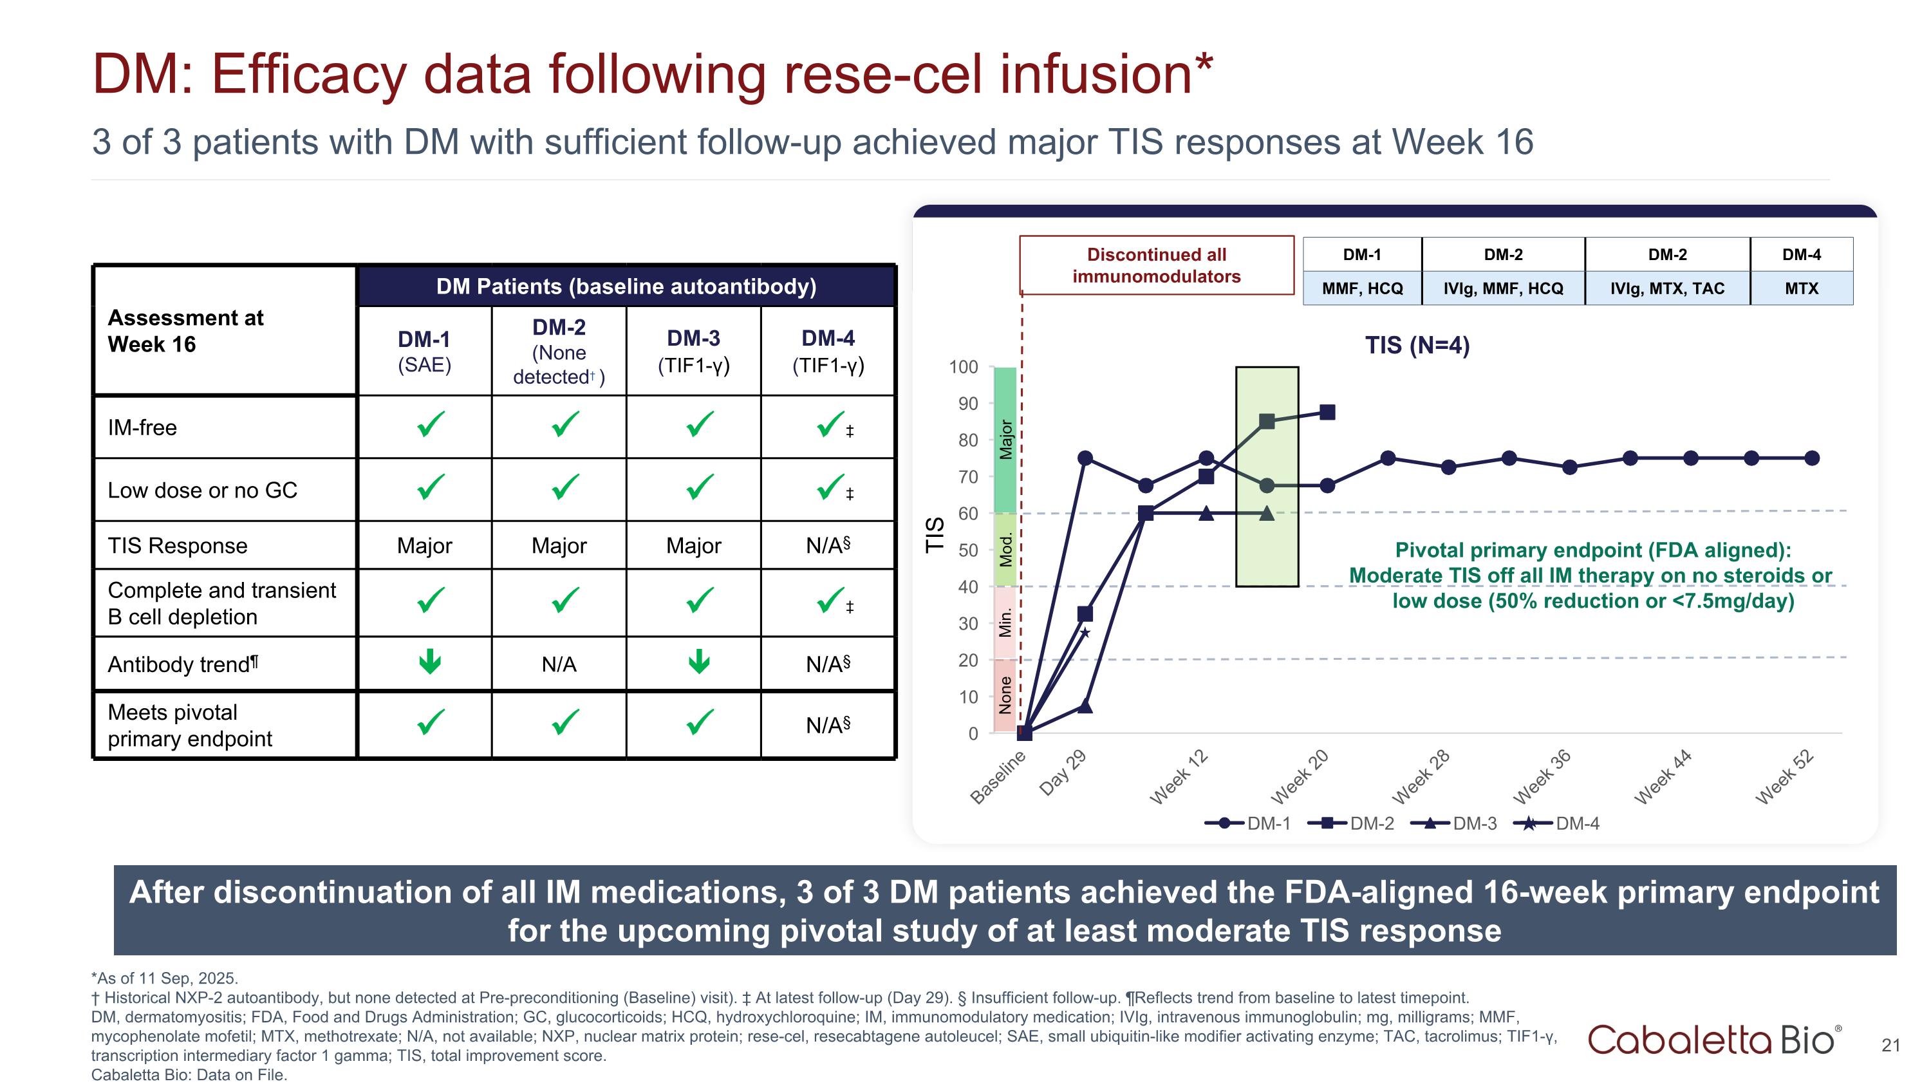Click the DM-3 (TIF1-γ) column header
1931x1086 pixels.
coord(693,351)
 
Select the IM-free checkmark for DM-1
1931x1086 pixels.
coord(430,425)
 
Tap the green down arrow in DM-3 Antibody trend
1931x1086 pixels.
coord(698,661)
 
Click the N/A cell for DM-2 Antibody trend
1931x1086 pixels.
coord(559,664)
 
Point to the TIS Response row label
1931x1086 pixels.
coord(178,546)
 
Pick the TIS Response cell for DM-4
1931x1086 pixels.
coord(828,546)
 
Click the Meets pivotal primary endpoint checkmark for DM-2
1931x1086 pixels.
coord(564,722)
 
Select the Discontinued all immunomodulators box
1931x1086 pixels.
coord(1156,265)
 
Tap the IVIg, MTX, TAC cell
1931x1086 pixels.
coord(1666,288)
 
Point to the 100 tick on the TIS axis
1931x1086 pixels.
coord(964,367)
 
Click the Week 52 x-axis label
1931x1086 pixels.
coord(1785,777)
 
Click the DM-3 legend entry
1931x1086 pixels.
coord(1454,824)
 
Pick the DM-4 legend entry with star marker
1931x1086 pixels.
coord(1557,824)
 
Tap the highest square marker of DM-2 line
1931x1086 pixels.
coord(1327,412)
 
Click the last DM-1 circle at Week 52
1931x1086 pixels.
coord(1812,458)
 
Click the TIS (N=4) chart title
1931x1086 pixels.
coord(1417,346)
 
